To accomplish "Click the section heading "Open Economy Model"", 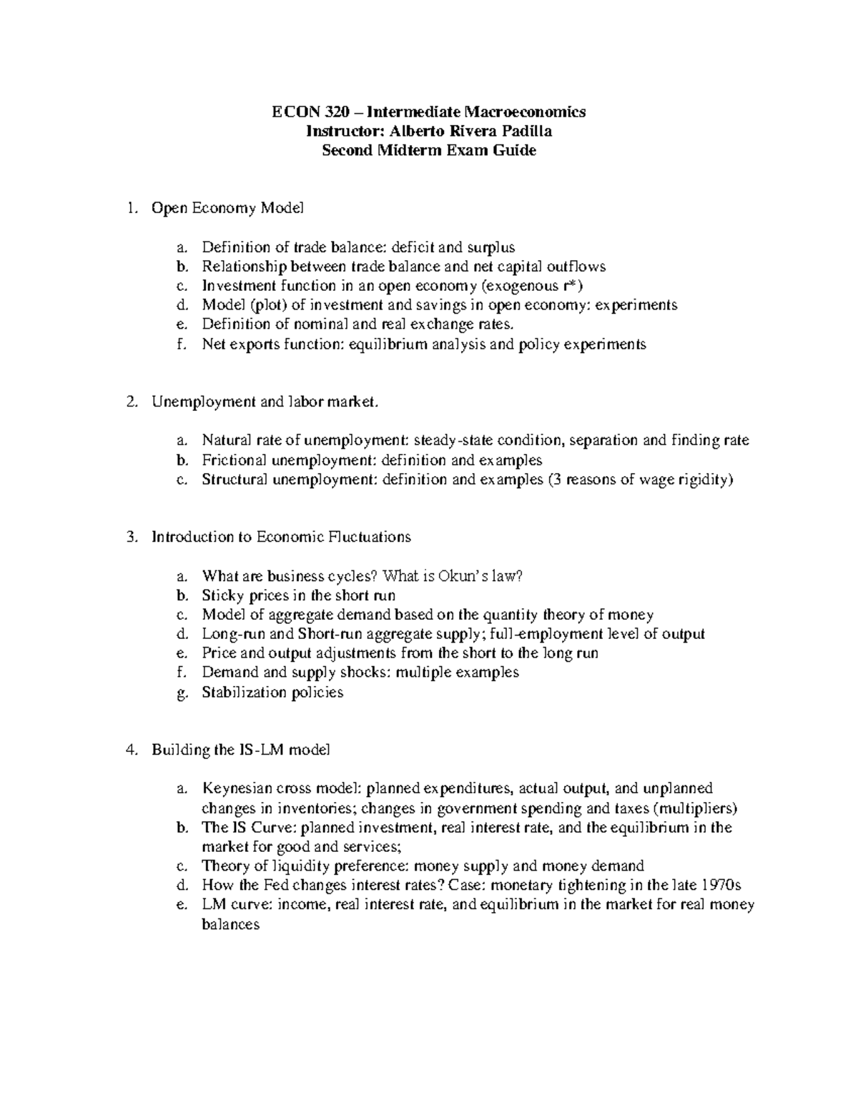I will coord(227,208).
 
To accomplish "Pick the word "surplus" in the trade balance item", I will coord(490,247).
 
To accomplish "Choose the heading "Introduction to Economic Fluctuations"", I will coord(281,537).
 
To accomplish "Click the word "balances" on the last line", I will coord(230,924).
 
